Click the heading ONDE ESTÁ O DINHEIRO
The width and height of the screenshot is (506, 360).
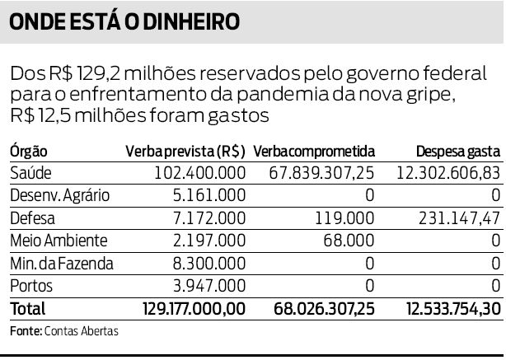[x=124, y=21]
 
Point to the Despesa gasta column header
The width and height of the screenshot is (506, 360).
[x=457, y=152]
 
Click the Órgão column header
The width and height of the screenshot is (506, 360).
[x=29, y=152]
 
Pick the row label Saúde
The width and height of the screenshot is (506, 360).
[x=30, y=174]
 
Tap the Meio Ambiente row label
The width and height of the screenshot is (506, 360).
[x=59, y=241]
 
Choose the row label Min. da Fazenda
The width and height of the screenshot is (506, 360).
[x=63, y=264]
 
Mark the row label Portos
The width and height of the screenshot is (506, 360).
[x=31, y=286]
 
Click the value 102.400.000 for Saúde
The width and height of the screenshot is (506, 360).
[x=199, y=174]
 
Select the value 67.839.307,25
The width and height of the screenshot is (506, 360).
[x=322, y=174]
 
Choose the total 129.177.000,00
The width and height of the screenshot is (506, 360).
[x=189, y=310]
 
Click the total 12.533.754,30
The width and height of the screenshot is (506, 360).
[x=452, y=310]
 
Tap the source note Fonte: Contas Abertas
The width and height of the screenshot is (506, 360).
[x=64, y=331]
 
